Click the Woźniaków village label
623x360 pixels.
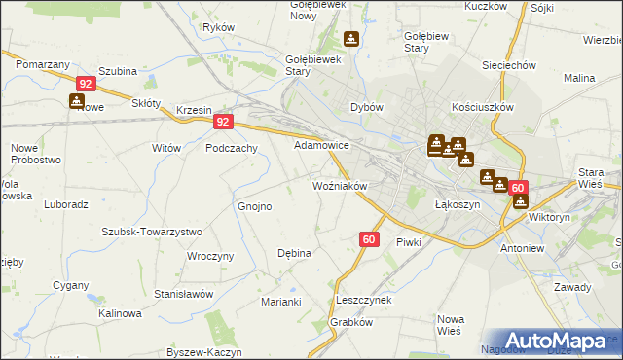(x=338, y=185)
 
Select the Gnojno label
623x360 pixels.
(x=255, y=206)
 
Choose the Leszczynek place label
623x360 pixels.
(x=362, y=300)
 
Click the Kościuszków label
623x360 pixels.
(x=483, y=107)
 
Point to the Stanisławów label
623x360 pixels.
(x=183, y=293)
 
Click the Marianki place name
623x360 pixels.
(x=280, y=302)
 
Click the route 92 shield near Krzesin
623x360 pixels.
(x=224, y=122)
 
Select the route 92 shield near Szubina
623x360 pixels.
(x=86, y=84)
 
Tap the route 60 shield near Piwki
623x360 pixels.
(x=369, y=238)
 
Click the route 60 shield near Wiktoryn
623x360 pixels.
(x=518, y=188)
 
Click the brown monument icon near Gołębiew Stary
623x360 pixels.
(x=351, y=40)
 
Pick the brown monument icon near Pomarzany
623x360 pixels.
(x=77, y=100)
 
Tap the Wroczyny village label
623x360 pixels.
(x=212, y=256)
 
